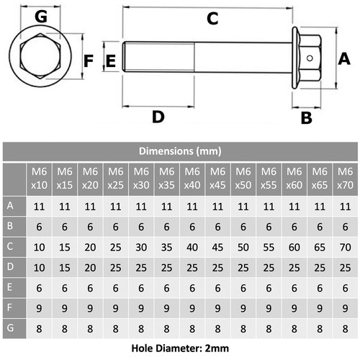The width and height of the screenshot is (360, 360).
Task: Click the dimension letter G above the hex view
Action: click(41, 17)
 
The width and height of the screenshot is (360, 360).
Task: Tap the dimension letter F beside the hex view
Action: click(89, 61)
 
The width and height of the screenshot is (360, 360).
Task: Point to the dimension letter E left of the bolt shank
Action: click(111, 60)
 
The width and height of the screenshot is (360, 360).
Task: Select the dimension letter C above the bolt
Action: click(212, 19)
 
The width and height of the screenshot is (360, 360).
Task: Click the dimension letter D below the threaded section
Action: click(158, 117)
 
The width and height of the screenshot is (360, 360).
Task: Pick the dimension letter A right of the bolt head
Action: click(344, 59)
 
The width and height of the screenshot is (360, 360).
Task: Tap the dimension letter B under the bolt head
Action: click(307, 118)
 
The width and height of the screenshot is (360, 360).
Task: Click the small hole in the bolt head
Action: click(310, 58)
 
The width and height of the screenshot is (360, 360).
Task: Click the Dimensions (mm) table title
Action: click(180, 151)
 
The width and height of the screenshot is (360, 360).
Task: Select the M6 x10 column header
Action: click(39, 179)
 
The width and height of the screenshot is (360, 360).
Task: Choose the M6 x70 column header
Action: click(345, 179)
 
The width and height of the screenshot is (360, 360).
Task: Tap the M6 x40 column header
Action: click(192, 179)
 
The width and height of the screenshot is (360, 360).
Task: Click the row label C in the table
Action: click(10, 246)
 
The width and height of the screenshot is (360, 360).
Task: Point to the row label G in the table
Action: click(10, 328)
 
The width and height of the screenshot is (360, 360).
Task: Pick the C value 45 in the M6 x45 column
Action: click(217, 247)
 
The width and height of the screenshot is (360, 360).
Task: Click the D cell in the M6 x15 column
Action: click(65, 268)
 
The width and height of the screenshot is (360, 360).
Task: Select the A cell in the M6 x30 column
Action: click(141, 207)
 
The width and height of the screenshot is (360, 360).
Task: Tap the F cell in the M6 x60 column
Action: click(294, 308)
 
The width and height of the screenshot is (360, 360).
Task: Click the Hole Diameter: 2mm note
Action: click(180, 348)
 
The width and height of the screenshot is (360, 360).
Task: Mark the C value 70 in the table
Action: click(345, 247)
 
